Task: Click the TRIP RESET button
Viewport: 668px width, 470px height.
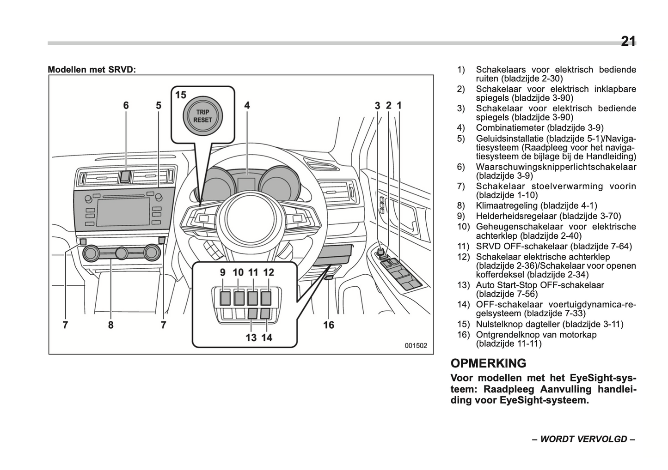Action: (x=203, y=116)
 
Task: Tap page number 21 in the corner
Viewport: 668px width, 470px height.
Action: (x=628, y=42)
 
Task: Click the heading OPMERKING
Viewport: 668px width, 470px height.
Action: (x=488, y=363)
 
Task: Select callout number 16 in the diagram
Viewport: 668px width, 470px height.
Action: (x=328, y=325)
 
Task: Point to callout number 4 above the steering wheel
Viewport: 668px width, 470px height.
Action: (x=247, y=106)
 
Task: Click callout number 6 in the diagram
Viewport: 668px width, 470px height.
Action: (x=126, y=106)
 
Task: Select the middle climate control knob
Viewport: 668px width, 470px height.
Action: (x=122, y=253)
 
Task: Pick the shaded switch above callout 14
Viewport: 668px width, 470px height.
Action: (x=266, y=314)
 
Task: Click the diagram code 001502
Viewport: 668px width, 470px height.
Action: (x=416, y=345)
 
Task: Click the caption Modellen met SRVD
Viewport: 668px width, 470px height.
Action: (x=92, y=70)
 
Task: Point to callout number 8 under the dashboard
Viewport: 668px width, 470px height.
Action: (x=110, y=325)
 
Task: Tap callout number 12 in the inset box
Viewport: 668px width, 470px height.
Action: (x=269, y=272)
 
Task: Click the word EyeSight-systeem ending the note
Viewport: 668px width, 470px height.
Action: (x=544, y=400)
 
